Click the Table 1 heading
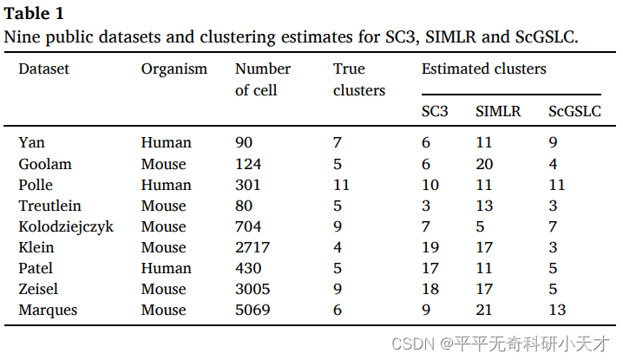[34, 14]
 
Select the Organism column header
[174, 69]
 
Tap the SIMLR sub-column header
[498, 111]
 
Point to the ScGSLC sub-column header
[575, 111]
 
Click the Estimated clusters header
[484, 69]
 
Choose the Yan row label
[31, 143]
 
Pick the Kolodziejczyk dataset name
[66, 226]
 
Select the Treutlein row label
[50, 206]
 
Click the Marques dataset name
[49, 310]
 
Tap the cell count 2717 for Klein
[252, 247]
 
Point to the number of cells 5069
[252, 310]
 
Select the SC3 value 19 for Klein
[430, 247]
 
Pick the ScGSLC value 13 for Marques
[557, 310]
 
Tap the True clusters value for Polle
[342, 185]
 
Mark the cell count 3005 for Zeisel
[252, 289]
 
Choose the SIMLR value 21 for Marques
[485, 310]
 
